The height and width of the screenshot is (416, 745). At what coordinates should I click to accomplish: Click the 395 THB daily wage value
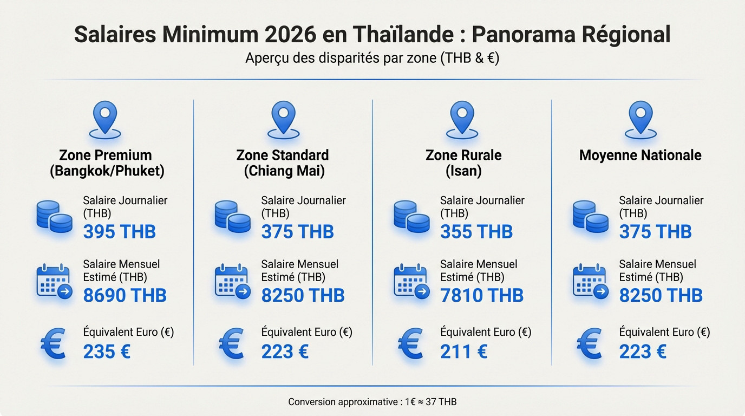pyautogui.click(x=119, y=232)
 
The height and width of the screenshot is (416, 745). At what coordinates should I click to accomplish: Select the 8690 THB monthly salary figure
pyautogui.click(x=125, y=296)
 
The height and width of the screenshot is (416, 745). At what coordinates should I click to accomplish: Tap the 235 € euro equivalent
pyautogui.click(x=107, y=352)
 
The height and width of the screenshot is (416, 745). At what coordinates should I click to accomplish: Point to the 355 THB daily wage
pyautogui.click(x=476, y=232)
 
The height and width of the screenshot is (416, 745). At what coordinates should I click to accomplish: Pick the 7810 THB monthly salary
pyautogui.click(x=481, y=296)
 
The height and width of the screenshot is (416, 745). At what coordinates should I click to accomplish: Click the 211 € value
pyautogui.click(x=463, y=352)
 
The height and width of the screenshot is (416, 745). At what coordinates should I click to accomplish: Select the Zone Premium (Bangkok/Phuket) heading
pyautogui.click(x=107, y=163)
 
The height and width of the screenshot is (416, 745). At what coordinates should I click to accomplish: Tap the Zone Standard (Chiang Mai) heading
pyautogui.click(x=283, y=163)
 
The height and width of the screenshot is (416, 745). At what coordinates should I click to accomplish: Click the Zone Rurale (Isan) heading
pyautogui.click(x=463, y=163)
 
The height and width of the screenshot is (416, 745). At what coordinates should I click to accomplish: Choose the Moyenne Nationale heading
pyautogui.click(x=640, y=155)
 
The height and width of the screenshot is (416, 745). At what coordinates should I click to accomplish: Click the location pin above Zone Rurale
pyautogui.click(x=462, y=120)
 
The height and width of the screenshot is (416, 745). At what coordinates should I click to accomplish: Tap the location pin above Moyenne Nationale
pyautogui.click(x=641, y=120)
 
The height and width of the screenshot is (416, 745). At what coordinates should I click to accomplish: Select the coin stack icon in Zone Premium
pyautogui.click(x=54, y=217)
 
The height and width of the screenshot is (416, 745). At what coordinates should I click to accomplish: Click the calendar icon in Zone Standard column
pyautogui.click(x=232, y=281)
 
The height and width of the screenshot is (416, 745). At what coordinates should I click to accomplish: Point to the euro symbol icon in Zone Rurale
pyautogui.click(x=410, y=344)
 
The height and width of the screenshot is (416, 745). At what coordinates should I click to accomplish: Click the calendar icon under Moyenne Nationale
pyautogui.click(x=590, y=281)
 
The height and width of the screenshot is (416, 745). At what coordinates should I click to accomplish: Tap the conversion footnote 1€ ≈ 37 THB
pyautogui.click(x=372, y=402)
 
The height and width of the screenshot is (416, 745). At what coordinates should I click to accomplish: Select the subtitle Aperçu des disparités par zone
pyautogui.click(x=372, y=58)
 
